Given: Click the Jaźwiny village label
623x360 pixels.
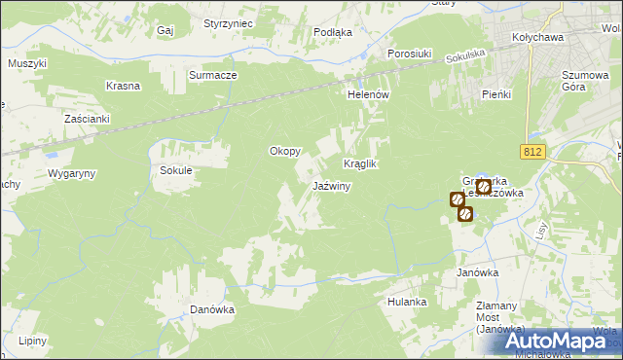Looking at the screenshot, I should pos(331,186).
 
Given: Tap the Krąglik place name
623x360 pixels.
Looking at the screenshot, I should pos(359,164).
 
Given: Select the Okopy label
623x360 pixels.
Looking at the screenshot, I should pos(285,152).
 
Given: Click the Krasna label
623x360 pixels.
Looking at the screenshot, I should pos(124,86).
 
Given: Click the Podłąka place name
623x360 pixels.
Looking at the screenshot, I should pos(333,32).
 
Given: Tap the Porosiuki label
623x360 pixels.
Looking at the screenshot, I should pos(409,53).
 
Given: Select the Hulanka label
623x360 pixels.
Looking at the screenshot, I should pos(407,302).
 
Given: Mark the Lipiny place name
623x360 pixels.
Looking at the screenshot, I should pos(32,341).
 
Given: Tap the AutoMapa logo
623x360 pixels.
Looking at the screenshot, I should pos(553,342).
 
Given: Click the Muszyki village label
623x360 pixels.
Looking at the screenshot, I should pos(27,63).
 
